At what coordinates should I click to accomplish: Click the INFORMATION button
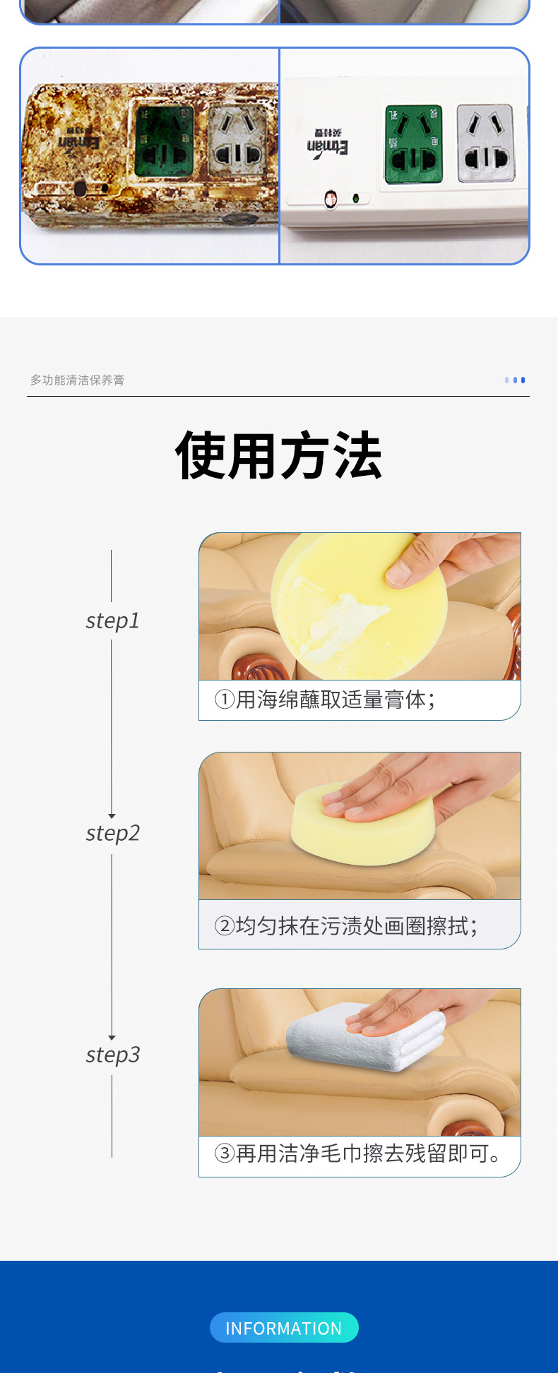click(x=284, y=1328)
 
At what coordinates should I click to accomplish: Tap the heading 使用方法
click(x=279, y=456)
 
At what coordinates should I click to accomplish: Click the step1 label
click(x=112, y=620)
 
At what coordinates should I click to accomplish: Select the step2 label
click(x=112, y=833)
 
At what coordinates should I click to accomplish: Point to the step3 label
click(x=112, y=1055)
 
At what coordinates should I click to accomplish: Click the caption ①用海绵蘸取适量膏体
click(x=325, y=700)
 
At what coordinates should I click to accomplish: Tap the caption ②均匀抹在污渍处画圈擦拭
click(x=346, y=925)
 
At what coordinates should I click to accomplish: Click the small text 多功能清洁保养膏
click(x=77, y=380)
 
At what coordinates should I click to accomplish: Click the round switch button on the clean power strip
click(x=330, y=200)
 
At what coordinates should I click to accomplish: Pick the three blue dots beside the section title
click(x=515, y=380)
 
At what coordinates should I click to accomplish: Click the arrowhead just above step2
click(x=112, y=815)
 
